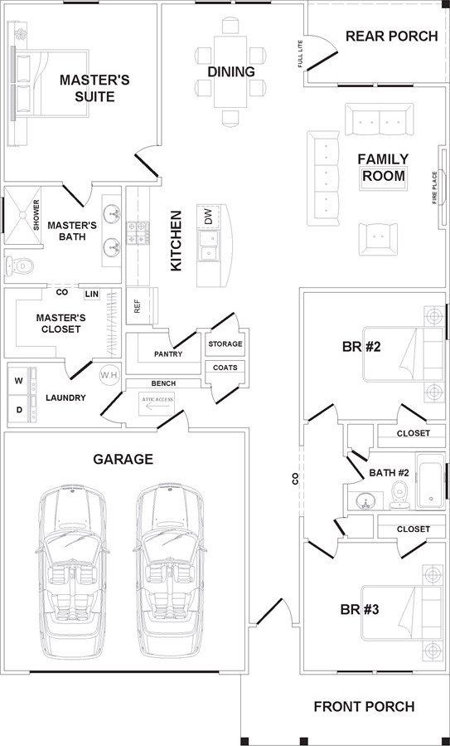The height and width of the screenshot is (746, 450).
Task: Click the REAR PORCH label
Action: [391, 37]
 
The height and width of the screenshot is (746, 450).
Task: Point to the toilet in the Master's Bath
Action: [19, 266]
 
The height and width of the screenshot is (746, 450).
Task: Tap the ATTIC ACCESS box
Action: [157, 404]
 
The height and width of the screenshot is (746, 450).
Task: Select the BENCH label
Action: [163, 383]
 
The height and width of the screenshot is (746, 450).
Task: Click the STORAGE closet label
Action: [225, 344]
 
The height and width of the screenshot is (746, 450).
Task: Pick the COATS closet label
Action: [225, 368]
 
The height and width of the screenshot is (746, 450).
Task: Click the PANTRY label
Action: [168, 354]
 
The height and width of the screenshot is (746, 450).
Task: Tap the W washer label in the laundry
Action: [18, 381]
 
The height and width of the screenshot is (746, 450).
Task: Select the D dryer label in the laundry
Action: [19, 409]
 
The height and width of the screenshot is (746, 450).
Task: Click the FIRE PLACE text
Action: [434, 188]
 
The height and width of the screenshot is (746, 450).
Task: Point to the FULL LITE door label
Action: [300, 54]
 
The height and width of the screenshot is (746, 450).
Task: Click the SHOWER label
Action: [36, 216]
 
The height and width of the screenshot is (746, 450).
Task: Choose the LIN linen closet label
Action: [92, 295]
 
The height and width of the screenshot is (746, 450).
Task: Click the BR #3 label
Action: [360, 609]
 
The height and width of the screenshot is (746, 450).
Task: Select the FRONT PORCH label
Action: [364, 707]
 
